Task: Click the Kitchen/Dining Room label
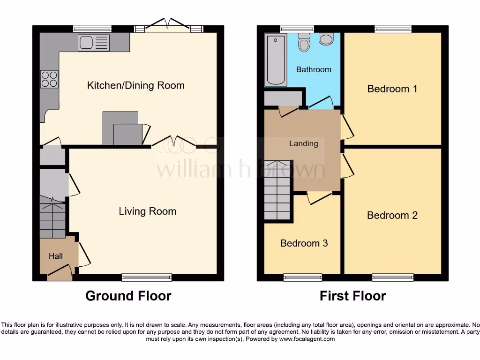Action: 136,85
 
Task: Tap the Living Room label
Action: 147,211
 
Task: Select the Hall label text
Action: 56,256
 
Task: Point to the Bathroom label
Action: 314,69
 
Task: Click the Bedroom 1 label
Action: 392,89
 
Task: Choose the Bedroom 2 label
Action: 392,215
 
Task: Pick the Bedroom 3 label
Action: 304,243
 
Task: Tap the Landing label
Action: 303,143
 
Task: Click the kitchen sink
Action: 94,43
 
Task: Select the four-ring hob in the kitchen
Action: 49,79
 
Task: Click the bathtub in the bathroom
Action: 276,60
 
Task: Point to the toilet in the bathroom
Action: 304,43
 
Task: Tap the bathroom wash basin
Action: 326,39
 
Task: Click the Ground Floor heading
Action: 128,296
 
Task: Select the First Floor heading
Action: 352,296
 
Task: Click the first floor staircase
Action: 278,190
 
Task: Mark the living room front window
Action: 146,277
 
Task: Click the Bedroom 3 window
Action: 302,277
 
